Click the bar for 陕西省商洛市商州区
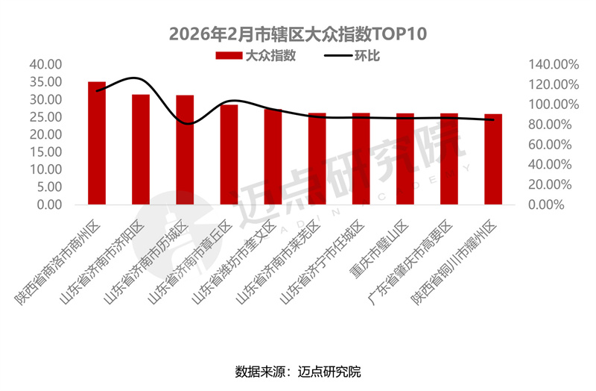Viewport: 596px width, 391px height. click(x=97, y=143)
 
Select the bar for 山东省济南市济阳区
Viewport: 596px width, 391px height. click(x=141, y=149)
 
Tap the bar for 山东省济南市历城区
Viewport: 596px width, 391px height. click(x=185, y=149)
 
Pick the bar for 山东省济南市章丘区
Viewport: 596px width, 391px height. click(x=229, y=154)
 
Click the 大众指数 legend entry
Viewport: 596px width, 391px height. click(x=257, y=56)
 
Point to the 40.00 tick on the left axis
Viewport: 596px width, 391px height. click(x=45, y=65)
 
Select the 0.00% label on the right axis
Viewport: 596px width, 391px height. click(x=556, y=204)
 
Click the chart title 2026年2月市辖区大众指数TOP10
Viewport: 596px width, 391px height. click(x=297, y=34)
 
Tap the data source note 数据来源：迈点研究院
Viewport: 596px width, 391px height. click(x=297, y=371)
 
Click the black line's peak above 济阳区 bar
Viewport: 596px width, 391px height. click(x=135, y=78)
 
